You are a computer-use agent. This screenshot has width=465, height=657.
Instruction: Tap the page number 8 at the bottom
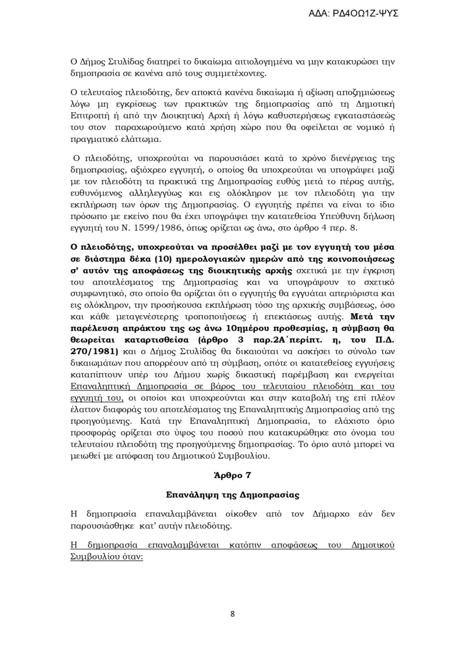(x=233, y=614)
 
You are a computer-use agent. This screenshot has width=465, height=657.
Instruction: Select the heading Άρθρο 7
(x=233, y=474)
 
